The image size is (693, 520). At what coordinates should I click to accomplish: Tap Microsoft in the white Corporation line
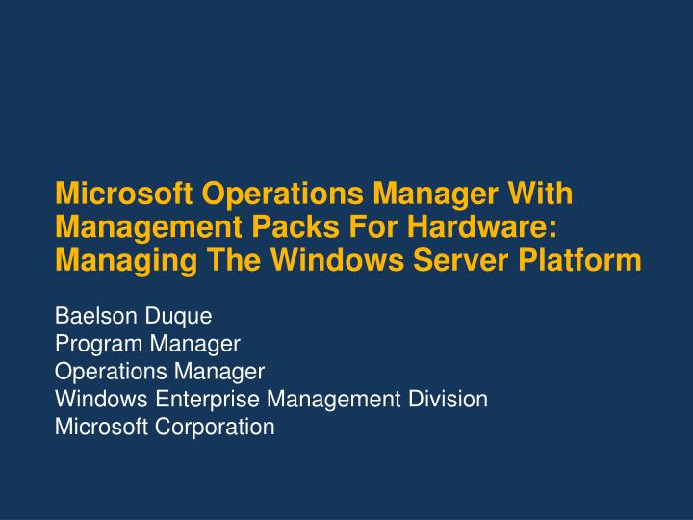96,426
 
